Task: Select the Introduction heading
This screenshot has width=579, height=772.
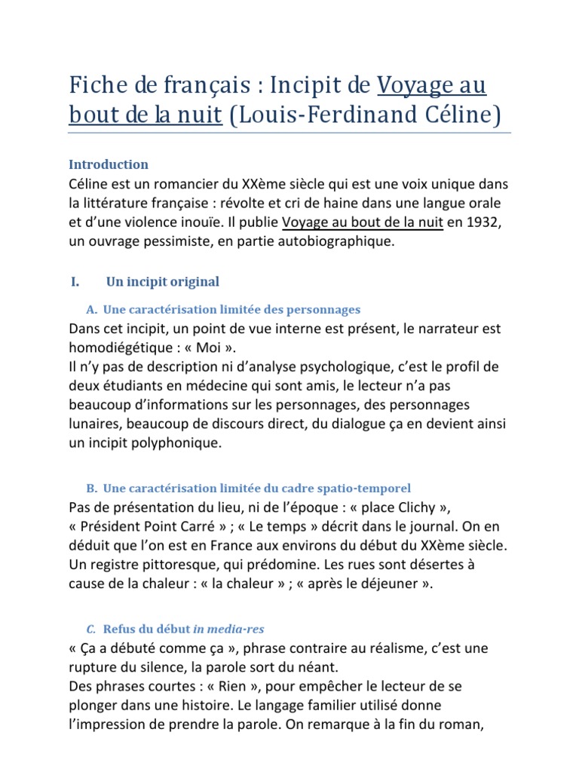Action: click(109, 164)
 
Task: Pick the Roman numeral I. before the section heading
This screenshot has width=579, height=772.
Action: click(75, 282)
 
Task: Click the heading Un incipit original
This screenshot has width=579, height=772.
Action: click(163, 282)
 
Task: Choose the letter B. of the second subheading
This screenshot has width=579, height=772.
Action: click(92, 489)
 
